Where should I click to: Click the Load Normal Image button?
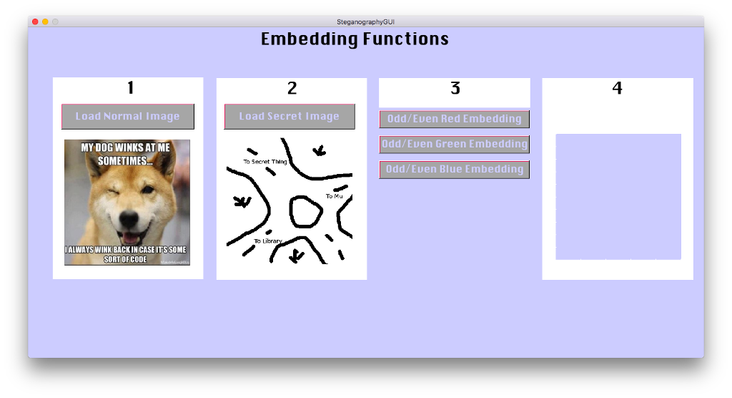tap(128, 117)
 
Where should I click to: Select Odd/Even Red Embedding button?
tap(454, 119)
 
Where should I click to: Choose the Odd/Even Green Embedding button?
tap(454, 144)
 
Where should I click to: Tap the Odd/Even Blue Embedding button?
tap(454, 170)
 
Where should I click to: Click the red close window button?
tap(35, 21)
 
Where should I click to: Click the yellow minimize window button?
tap(45, 21)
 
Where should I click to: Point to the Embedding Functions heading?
tap(355, 39)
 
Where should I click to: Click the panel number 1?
tap(130, 88)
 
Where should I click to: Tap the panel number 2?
tap(292, 88)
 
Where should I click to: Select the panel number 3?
tap(455, 88)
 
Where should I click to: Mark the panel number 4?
tap(618, 88)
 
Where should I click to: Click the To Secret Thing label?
tap(264, 162)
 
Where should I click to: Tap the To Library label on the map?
tap(268, 241)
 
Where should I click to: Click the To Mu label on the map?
tap(334, 195)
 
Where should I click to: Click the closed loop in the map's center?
tap(305, 211)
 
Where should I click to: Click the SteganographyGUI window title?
tap(365, 21)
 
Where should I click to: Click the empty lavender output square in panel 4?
tap(618, 197)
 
